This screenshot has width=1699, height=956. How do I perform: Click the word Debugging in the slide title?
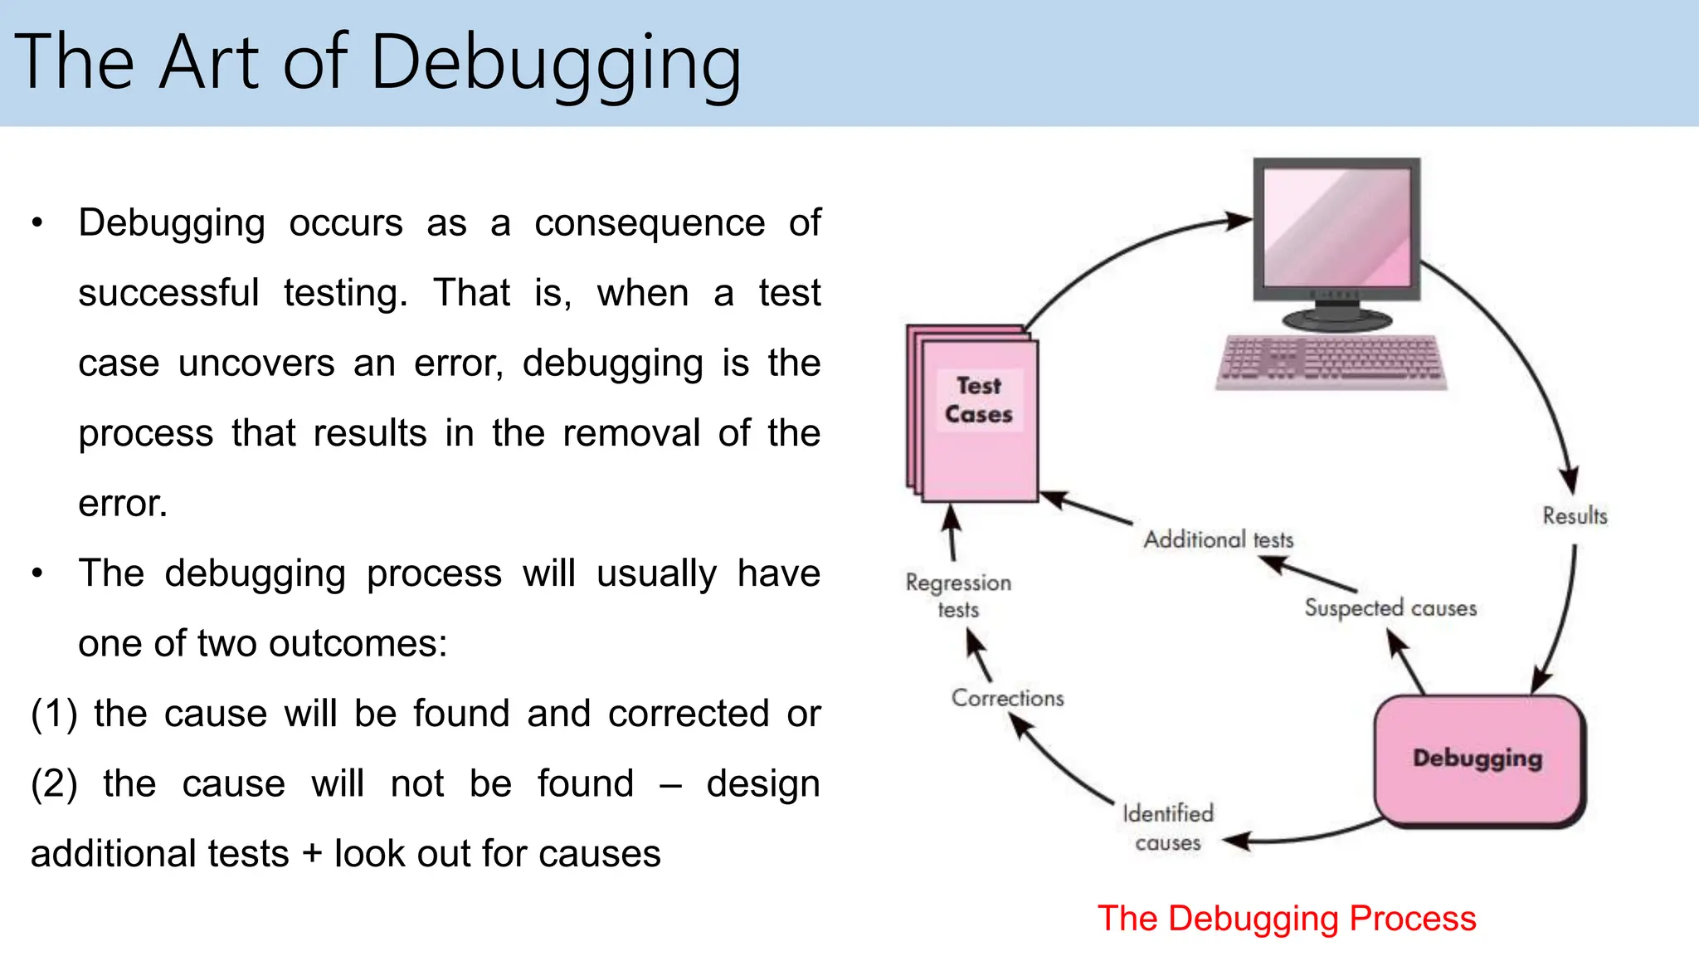point(556,65)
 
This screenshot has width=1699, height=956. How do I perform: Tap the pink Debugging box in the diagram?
point(1478,758)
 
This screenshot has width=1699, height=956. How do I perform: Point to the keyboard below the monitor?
point(1331,361)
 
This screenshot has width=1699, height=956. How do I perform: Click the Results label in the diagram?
point(1575,515)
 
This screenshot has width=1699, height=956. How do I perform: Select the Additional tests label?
point(1218,540)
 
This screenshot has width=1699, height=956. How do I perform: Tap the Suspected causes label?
point(1390,607)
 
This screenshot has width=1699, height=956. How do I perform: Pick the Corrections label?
point(1007,698)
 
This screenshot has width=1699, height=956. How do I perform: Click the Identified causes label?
point(1168,827)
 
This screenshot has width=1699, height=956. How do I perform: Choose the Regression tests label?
point(958,595)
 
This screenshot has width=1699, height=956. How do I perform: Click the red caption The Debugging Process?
point(1287,919)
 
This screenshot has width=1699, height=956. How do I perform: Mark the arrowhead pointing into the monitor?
point(1239,221)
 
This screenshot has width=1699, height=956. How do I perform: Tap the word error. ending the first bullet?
point(123,504)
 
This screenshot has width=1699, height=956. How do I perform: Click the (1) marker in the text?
point(54,714)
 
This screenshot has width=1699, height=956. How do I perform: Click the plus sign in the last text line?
point(312,854)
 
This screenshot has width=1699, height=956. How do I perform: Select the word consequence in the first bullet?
point(649,223)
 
